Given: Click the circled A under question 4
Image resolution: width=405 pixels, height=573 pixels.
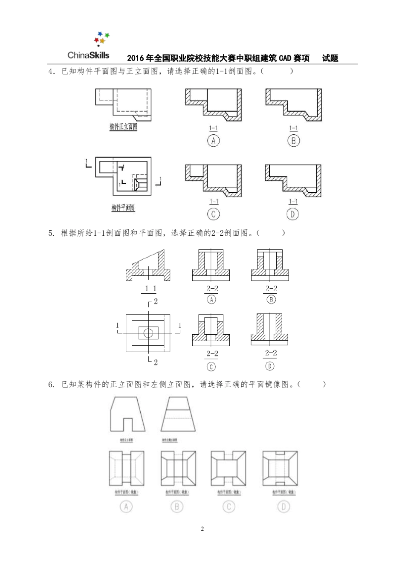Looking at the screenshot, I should coord(213,140).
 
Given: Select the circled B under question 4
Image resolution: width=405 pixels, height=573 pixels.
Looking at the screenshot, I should coord(293,140).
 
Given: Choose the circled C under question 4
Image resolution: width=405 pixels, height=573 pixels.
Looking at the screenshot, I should coord(213,214).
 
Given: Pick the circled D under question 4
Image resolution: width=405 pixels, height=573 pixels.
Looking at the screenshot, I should coord(293,214).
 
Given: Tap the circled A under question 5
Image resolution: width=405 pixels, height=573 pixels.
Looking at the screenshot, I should coord(211,299).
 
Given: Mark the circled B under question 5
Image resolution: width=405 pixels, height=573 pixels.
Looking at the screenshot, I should coord(271,299).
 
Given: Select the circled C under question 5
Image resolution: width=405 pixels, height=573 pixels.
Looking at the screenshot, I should coord(211,367).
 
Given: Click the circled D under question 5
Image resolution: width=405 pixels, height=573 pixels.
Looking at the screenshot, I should coord(270,366).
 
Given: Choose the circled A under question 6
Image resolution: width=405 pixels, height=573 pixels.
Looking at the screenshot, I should coord(126,506).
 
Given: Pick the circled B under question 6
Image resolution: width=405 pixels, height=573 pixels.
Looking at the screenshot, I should coord(177,506).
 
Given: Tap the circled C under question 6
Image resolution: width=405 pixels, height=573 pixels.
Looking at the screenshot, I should coord(229,506).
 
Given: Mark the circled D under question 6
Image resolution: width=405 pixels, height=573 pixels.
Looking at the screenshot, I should coord(283,506).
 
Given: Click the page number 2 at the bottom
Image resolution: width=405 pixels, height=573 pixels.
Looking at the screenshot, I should coord(202,529).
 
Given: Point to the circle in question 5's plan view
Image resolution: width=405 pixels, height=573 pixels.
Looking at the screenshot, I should coord(148,333).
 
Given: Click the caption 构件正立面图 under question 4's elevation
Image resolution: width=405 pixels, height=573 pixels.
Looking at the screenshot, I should coord(123,127).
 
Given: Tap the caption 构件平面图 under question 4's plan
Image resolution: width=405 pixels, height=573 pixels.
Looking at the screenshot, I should coord(123,208).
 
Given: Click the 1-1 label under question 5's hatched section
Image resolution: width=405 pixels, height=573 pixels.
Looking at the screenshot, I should coord(150,289).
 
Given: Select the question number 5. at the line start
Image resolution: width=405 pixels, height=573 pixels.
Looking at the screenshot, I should coord(51,233).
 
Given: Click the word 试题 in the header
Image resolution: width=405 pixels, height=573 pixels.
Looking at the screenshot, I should coord(330,58).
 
